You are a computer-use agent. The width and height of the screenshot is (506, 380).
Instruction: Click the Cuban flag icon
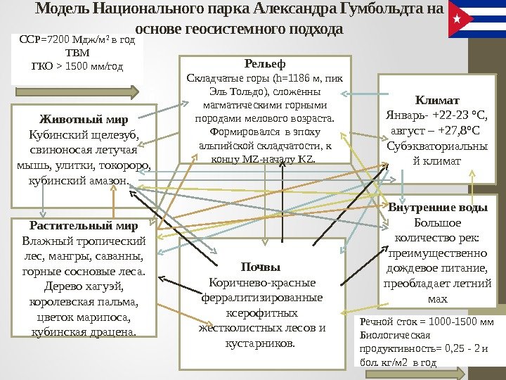point(475,19)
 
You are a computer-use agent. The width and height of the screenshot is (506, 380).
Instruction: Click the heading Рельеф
point(264,63)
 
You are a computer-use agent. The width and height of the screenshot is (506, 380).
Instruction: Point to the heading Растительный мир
point(83,226)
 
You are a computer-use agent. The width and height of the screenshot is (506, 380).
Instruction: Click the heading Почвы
point(260,267)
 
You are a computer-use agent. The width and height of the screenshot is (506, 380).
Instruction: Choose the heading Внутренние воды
point(437,208)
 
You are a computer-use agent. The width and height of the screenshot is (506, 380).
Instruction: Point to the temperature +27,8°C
point(456,130)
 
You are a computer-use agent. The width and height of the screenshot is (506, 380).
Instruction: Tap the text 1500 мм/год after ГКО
point(96,67)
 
